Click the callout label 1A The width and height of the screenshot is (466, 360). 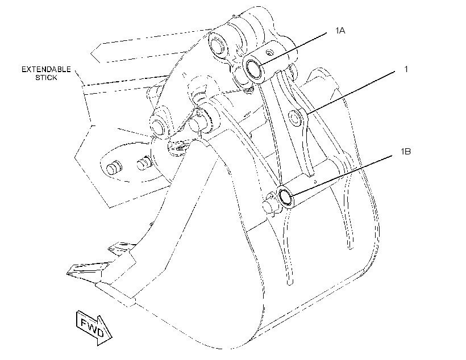340,30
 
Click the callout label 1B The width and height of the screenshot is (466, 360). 406,152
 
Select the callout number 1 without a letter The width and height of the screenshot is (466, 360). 406,69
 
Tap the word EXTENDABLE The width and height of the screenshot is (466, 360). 46,69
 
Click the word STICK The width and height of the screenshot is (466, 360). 46,78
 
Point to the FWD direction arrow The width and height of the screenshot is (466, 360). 94,328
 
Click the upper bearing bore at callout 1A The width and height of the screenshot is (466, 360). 253,70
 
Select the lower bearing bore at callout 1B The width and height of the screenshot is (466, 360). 285,196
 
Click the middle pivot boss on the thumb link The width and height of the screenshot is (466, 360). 296,116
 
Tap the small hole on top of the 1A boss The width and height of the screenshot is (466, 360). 269,53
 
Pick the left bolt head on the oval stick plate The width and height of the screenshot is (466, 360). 114,168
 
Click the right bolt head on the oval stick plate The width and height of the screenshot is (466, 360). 144,163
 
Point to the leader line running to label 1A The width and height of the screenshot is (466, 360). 293,49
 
